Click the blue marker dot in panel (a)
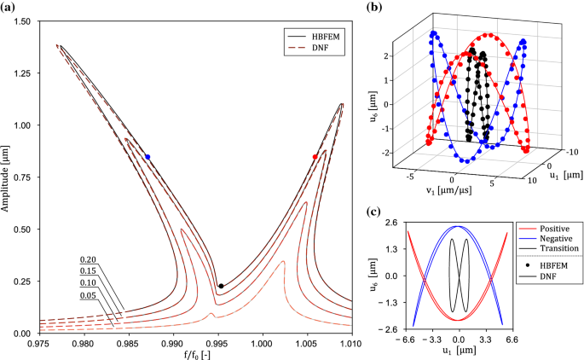point(147,157)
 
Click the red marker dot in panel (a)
point(315,157)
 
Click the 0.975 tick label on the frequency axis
point(39,343)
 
